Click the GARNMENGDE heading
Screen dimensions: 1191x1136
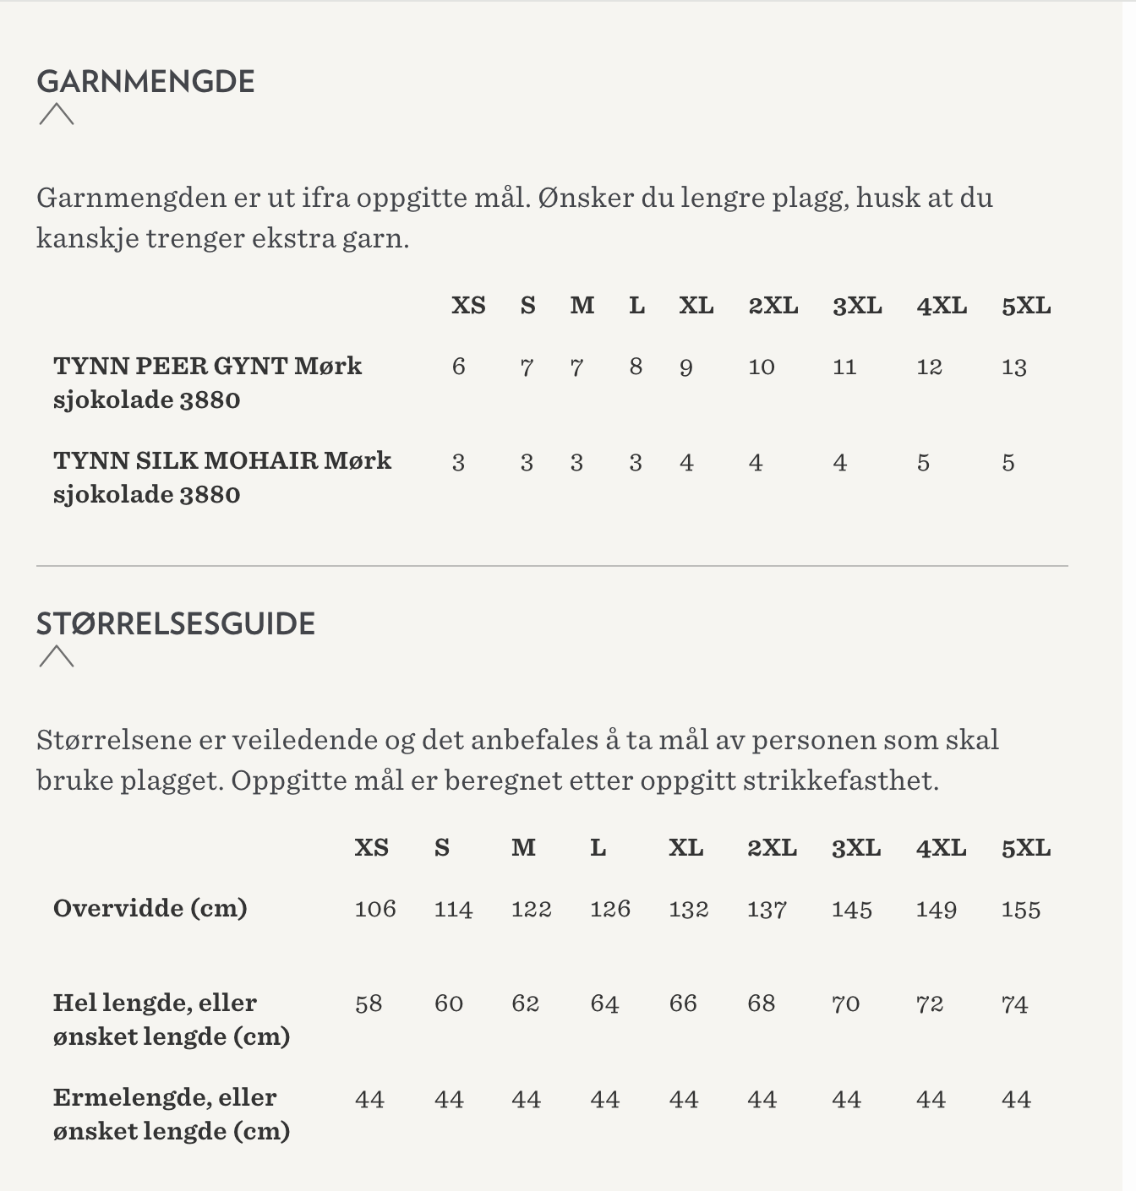(x=145, y=82)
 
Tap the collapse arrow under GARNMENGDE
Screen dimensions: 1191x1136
(x=57, y=114)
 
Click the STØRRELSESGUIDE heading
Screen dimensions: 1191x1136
(x=176, y=624)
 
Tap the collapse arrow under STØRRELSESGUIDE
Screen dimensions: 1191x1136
(x=57, y=656)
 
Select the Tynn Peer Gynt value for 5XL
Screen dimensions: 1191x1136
(x=1013, y=367)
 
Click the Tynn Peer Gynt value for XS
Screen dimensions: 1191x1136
(x=458, y=367)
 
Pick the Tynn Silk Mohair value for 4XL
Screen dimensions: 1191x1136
(x=923, y=463)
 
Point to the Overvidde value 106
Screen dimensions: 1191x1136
(x=375, y=910)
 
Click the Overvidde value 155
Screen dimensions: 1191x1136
(x=1020, y=910)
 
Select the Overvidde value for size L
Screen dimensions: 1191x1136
(x=609, y=910)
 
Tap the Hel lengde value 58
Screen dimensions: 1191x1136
(x=369, y=1004)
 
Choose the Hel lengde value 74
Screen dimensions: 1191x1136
(x=1014, y=1004)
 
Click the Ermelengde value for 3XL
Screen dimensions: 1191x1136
(x=846, y=1100)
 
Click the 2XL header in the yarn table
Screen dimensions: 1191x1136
(x=773, y=306)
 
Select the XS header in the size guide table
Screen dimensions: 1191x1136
(x=371, y=848)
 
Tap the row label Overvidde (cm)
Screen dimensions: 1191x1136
(x=150, y=909)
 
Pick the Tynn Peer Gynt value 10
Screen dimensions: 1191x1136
(x=761, y=367)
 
